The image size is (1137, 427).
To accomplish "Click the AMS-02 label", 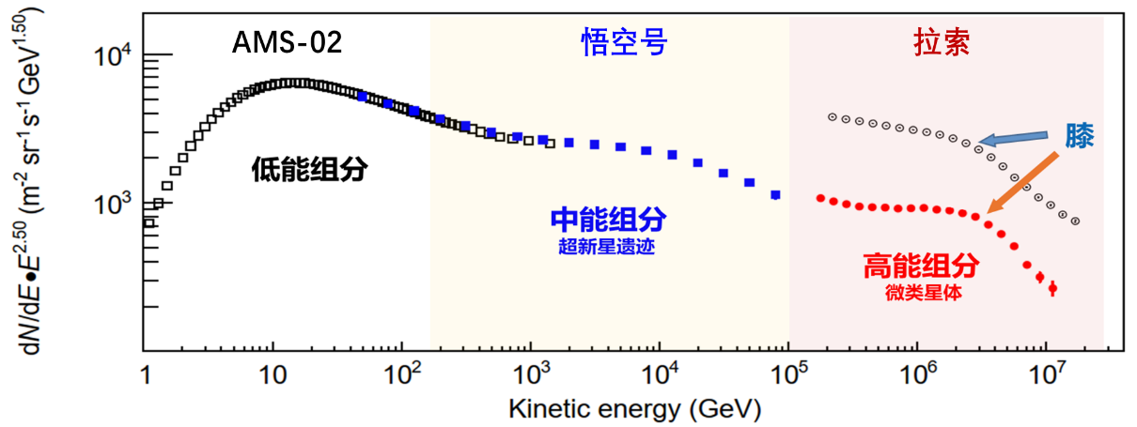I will tap(288, 43).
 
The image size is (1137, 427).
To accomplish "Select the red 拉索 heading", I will tap(941, 42).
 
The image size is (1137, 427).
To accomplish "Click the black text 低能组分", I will tap(308, 170).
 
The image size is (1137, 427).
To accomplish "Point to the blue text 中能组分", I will tap(608, 221).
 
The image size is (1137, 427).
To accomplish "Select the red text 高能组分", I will tap(921, 267).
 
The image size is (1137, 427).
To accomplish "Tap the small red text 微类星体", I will tap(920, 293).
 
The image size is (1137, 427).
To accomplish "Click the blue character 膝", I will tap(1080, 138).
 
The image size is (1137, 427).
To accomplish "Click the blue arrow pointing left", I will tap(1015, 138).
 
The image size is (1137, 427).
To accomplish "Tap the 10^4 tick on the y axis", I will tap(115, 57).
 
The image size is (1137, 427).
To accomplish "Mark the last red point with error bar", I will tap(1052, 288).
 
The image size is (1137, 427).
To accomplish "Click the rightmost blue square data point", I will tap(775, 195).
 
